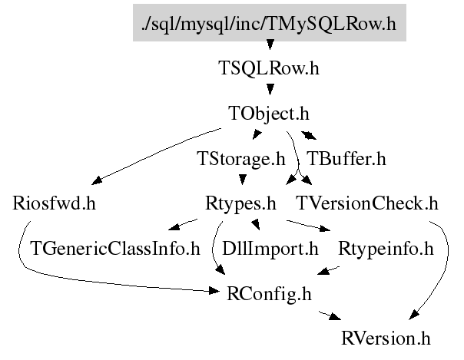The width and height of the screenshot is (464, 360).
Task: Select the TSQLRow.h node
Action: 269,68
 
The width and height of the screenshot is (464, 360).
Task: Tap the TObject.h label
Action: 269,114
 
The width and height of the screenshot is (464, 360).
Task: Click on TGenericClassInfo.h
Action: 114,249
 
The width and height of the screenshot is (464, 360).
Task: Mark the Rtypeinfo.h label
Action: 386,249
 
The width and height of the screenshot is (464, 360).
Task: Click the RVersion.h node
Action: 386,338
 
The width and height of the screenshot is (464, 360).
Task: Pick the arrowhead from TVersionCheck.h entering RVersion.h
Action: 412,317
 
